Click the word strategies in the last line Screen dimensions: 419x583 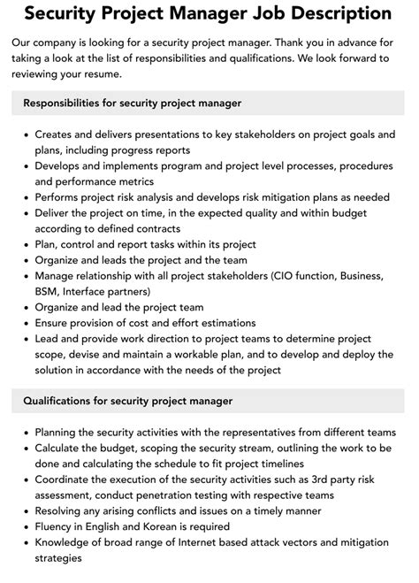point(60,558)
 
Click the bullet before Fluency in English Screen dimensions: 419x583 point(23,526)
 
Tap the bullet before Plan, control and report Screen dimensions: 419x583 point(23,244)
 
